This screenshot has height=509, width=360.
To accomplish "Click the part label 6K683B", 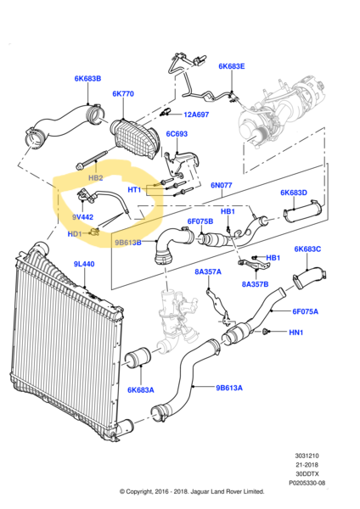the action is (87, 79).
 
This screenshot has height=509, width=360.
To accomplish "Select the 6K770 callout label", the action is (123, 94).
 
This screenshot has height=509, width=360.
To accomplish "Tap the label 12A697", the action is (196, 115).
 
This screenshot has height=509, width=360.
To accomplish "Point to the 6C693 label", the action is (177, 134).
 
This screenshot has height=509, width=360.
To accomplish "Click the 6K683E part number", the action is (232, 66).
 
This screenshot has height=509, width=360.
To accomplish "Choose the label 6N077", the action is (222, 185).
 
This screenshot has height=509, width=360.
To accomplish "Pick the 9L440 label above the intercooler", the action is (84, 264).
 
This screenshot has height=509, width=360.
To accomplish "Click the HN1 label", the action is (296, 333).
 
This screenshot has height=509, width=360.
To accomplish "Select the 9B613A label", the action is (229, 388).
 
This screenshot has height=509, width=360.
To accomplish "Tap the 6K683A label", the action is (141, 390).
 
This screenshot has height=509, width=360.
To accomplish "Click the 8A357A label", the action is (208, 271).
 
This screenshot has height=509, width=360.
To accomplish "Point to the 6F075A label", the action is (306, 311).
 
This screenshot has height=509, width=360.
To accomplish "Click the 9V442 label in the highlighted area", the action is (82, 217).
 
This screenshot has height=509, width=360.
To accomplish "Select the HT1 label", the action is (134, 189).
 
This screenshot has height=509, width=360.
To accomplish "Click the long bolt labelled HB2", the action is (93, 160).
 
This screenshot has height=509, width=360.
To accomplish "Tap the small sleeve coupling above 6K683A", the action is (138, 358).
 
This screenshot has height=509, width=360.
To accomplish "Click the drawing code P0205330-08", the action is (307, 483).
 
